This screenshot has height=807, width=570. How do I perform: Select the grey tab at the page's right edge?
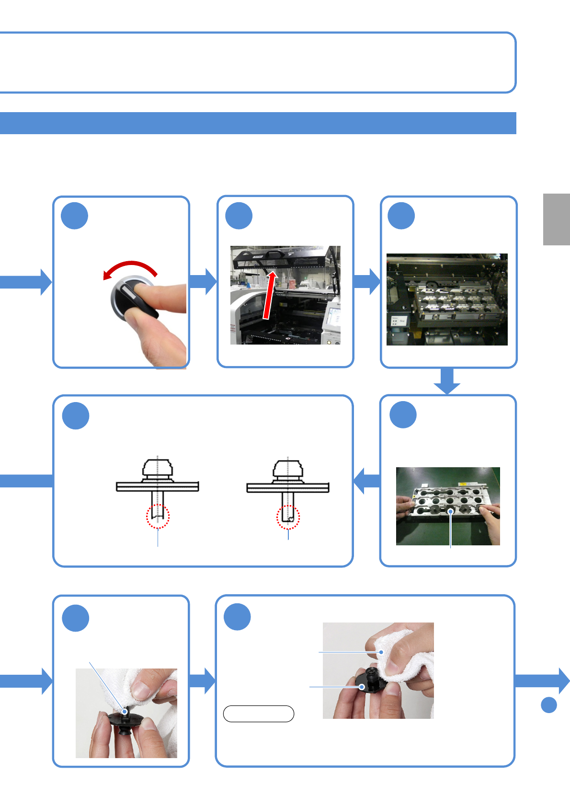pos(556,219)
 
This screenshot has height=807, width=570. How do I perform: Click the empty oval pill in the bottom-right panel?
pos(258,714)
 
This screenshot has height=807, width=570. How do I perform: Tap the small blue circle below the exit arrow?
pos(548,704)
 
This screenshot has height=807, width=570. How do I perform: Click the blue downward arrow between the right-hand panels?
pos(447,381)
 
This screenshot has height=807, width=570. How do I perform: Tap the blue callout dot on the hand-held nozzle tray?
pos(450,512)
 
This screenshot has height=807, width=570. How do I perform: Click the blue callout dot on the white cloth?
pos(381,652)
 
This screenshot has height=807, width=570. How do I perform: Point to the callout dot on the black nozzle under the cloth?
pos(363,687)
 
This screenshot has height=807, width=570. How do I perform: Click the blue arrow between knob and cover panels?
pos(203,281)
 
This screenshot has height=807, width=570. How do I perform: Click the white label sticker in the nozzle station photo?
pos(399,321)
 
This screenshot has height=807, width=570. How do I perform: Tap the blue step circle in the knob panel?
pos(75,216)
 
